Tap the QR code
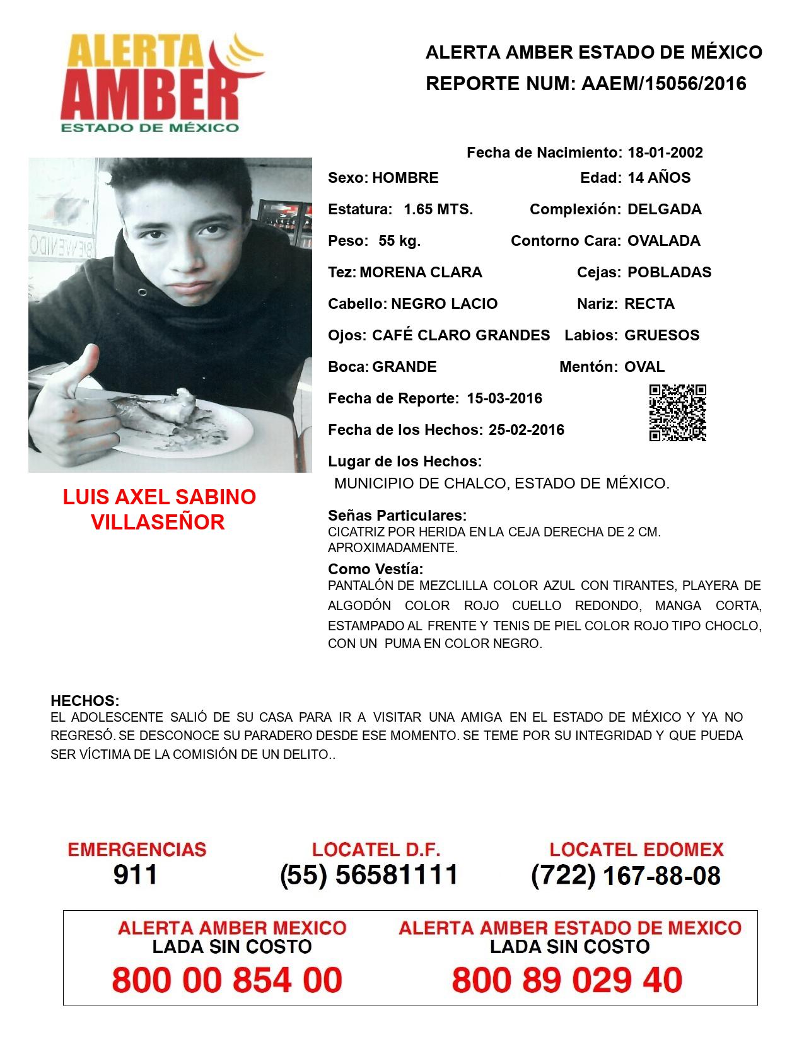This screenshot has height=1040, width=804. tap(677, 413)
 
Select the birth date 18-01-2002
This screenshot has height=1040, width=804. tap(665, 153)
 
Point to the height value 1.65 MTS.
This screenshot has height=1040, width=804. tap(438, 209)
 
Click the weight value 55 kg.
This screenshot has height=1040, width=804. tap(399, 241)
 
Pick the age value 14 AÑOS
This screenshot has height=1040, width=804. tap(658, 178)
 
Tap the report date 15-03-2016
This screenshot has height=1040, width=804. tap(504, 398)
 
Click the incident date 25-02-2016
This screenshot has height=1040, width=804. tap(527, 430)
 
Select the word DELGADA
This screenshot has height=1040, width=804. tap(664, 209)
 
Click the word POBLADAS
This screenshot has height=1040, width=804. tap(669, 272)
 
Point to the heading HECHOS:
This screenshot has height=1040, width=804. tap(85, 701)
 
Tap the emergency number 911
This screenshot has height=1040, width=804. tap(136, 875)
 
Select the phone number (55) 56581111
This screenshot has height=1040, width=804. tap(369, 875)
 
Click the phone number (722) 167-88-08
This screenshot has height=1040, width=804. tap(626, 875)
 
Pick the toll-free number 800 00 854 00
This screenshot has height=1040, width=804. tap(227, 980)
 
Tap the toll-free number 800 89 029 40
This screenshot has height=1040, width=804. tap(567, 980)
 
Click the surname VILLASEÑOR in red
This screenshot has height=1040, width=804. tap(158, 523)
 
